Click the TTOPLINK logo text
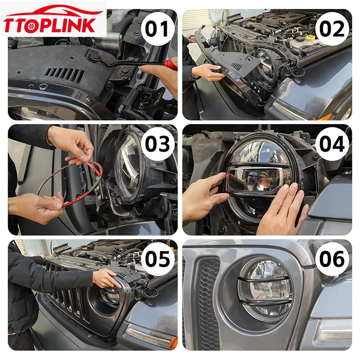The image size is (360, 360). [x=49, y=25]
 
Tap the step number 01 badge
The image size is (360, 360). [x=157, y=29]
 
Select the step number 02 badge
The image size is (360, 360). [x=332, y=29]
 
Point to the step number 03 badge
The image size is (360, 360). [x=157, y=144]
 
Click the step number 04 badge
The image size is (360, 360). [x=332, y=144]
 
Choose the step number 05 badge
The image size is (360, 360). [x=157, y=259]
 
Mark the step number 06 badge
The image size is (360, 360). [x=332, y=259]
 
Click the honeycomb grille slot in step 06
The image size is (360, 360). [x=208, y=303]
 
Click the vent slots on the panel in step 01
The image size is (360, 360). [x=65, y=74]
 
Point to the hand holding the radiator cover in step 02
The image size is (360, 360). [x=208, y=72]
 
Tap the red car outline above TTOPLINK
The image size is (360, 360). [x=54, y=11]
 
